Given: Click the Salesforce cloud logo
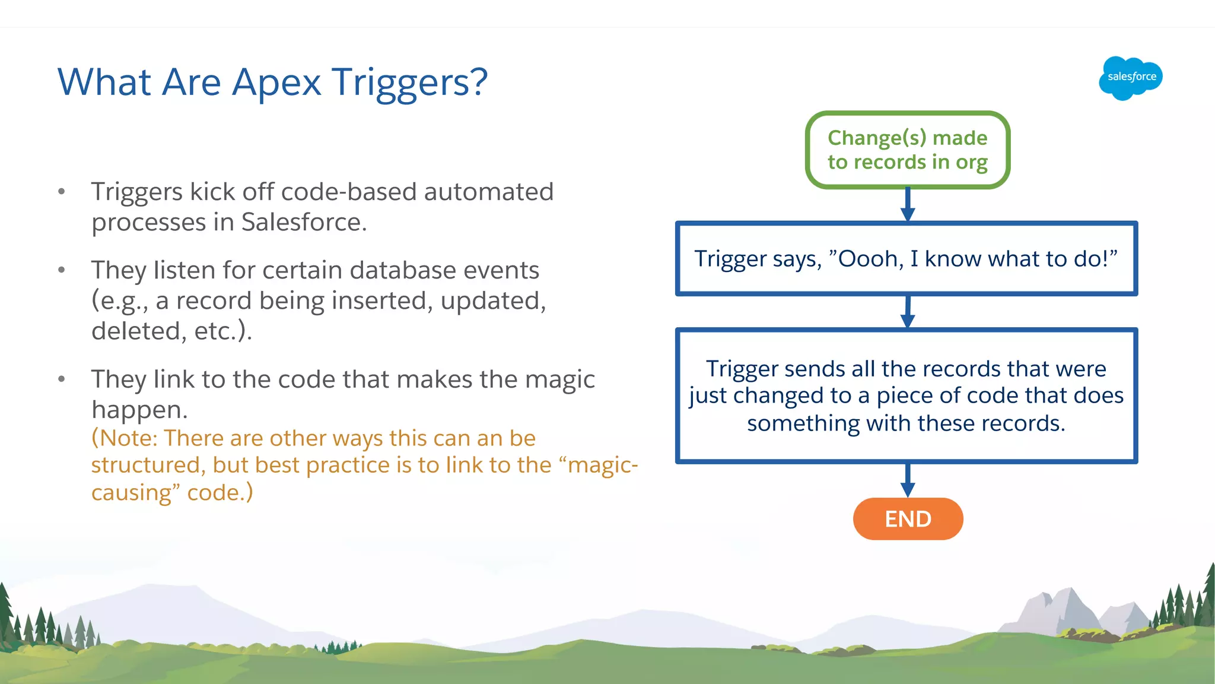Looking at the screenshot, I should tap(1130, 78).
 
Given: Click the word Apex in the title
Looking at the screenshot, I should tap(276, 83).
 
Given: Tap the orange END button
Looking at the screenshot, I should tap(908, 519).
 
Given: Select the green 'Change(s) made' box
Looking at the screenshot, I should tap(908, 150).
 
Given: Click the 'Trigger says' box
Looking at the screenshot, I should tap(906, 259).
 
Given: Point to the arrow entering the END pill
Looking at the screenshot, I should tap(908, 482).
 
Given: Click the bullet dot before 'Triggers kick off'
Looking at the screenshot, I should tap(62, 192).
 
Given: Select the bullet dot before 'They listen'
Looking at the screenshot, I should tap(62, 270).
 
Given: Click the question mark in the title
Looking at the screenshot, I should tap(478, 83).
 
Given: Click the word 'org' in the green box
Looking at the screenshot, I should tap(971, 163).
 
